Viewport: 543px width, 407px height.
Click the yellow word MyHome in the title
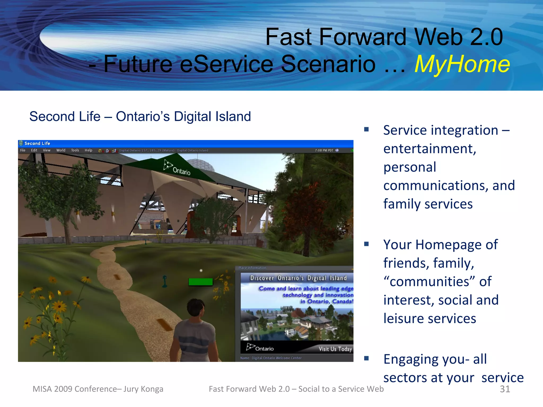click(462, 64)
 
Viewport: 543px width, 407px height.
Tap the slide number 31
click(505, 389)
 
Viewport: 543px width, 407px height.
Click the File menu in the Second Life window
click(23, 150)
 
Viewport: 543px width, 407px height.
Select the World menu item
click(61, 150)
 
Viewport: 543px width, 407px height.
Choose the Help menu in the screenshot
click(88, 150)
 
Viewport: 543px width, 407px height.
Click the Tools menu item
click(75, 150)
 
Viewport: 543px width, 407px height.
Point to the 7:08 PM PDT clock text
click(324, 150)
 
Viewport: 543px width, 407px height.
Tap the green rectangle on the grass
click(200, 282)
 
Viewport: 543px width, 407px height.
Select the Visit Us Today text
click(335, 349)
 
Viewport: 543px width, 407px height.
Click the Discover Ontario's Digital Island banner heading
click(298, 278)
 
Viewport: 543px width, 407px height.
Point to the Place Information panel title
click(252, 268)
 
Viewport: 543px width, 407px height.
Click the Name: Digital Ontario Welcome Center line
click(271, 358)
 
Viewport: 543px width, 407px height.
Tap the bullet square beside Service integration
click(366, 130)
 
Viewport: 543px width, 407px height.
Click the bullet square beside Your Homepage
click(366, 244)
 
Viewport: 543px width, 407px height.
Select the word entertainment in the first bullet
click(430, 149)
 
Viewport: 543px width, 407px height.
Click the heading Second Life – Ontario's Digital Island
click(140, 117)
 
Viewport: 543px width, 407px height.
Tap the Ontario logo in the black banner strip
click(260, 348)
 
